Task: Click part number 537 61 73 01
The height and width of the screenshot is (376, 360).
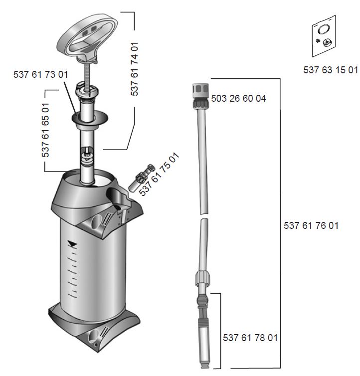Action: pyautogui.click(x=40, y=74)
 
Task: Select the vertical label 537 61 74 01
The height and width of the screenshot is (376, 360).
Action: pyautogui.click(x=135, y=69)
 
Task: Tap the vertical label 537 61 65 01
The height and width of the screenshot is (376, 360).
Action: pyautogui.click(x=45, y=130)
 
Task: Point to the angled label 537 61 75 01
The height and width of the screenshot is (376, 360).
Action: pyautogui.click(x=159, y=174)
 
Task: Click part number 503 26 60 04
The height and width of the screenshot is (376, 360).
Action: pyautogui.click(x=238, y=98)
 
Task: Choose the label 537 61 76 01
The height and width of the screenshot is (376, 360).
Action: pyautogui.click(x=311, y=225)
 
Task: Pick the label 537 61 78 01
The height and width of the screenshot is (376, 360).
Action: pyautogui.click(x=250, y=338)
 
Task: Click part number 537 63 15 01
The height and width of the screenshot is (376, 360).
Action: pyautogui.click(x=331, y=70)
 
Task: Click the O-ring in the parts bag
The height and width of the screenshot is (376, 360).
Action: pyautogui.click(x=323, y=29)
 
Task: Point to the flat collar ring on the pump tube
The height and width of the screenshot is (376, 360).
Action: pyautogui.click(x=90, y=119)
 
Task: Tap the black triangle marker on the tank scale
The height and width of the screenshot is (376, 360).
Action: pyautogui.click(x=73, y=244)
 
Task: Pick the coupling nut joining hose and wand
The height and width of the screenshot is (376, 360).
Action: pyautogui.click(x=202, y=278)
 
